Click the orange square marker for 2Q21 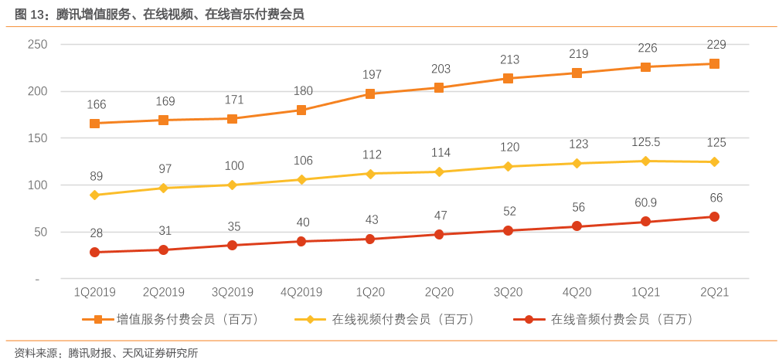[714, 64]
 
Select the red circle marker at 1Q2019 [94, 252]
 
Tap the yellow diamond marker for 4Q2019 [301, 179]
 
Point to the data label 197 [372, 74]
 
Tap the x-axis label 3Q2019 [233, 292]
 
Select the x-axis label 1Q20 [370, 292]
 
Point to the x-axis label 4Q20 [577, 292]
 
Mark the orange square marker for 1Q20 [370, 93]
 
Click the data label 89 [96, 177]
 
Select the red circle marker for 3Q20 [508, 230]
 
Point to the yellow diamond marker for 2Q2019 [163, 188]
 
